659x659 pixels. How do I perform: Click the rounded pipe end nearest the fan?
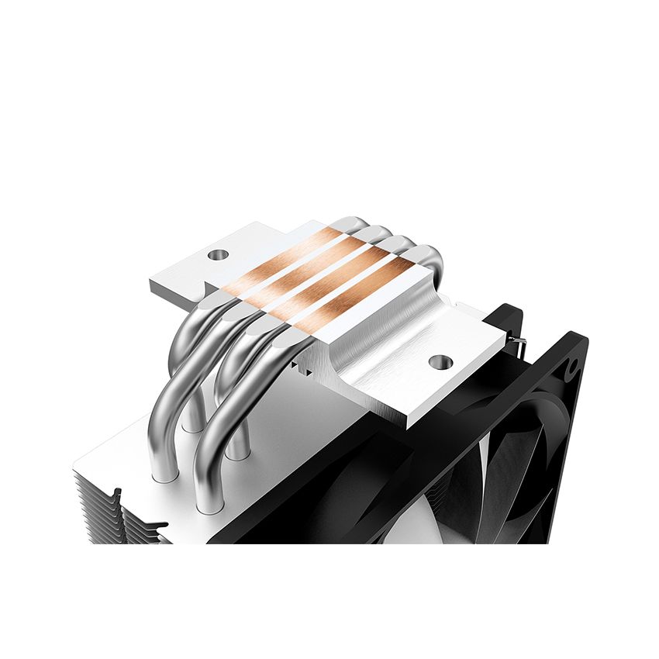point(429,256)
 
